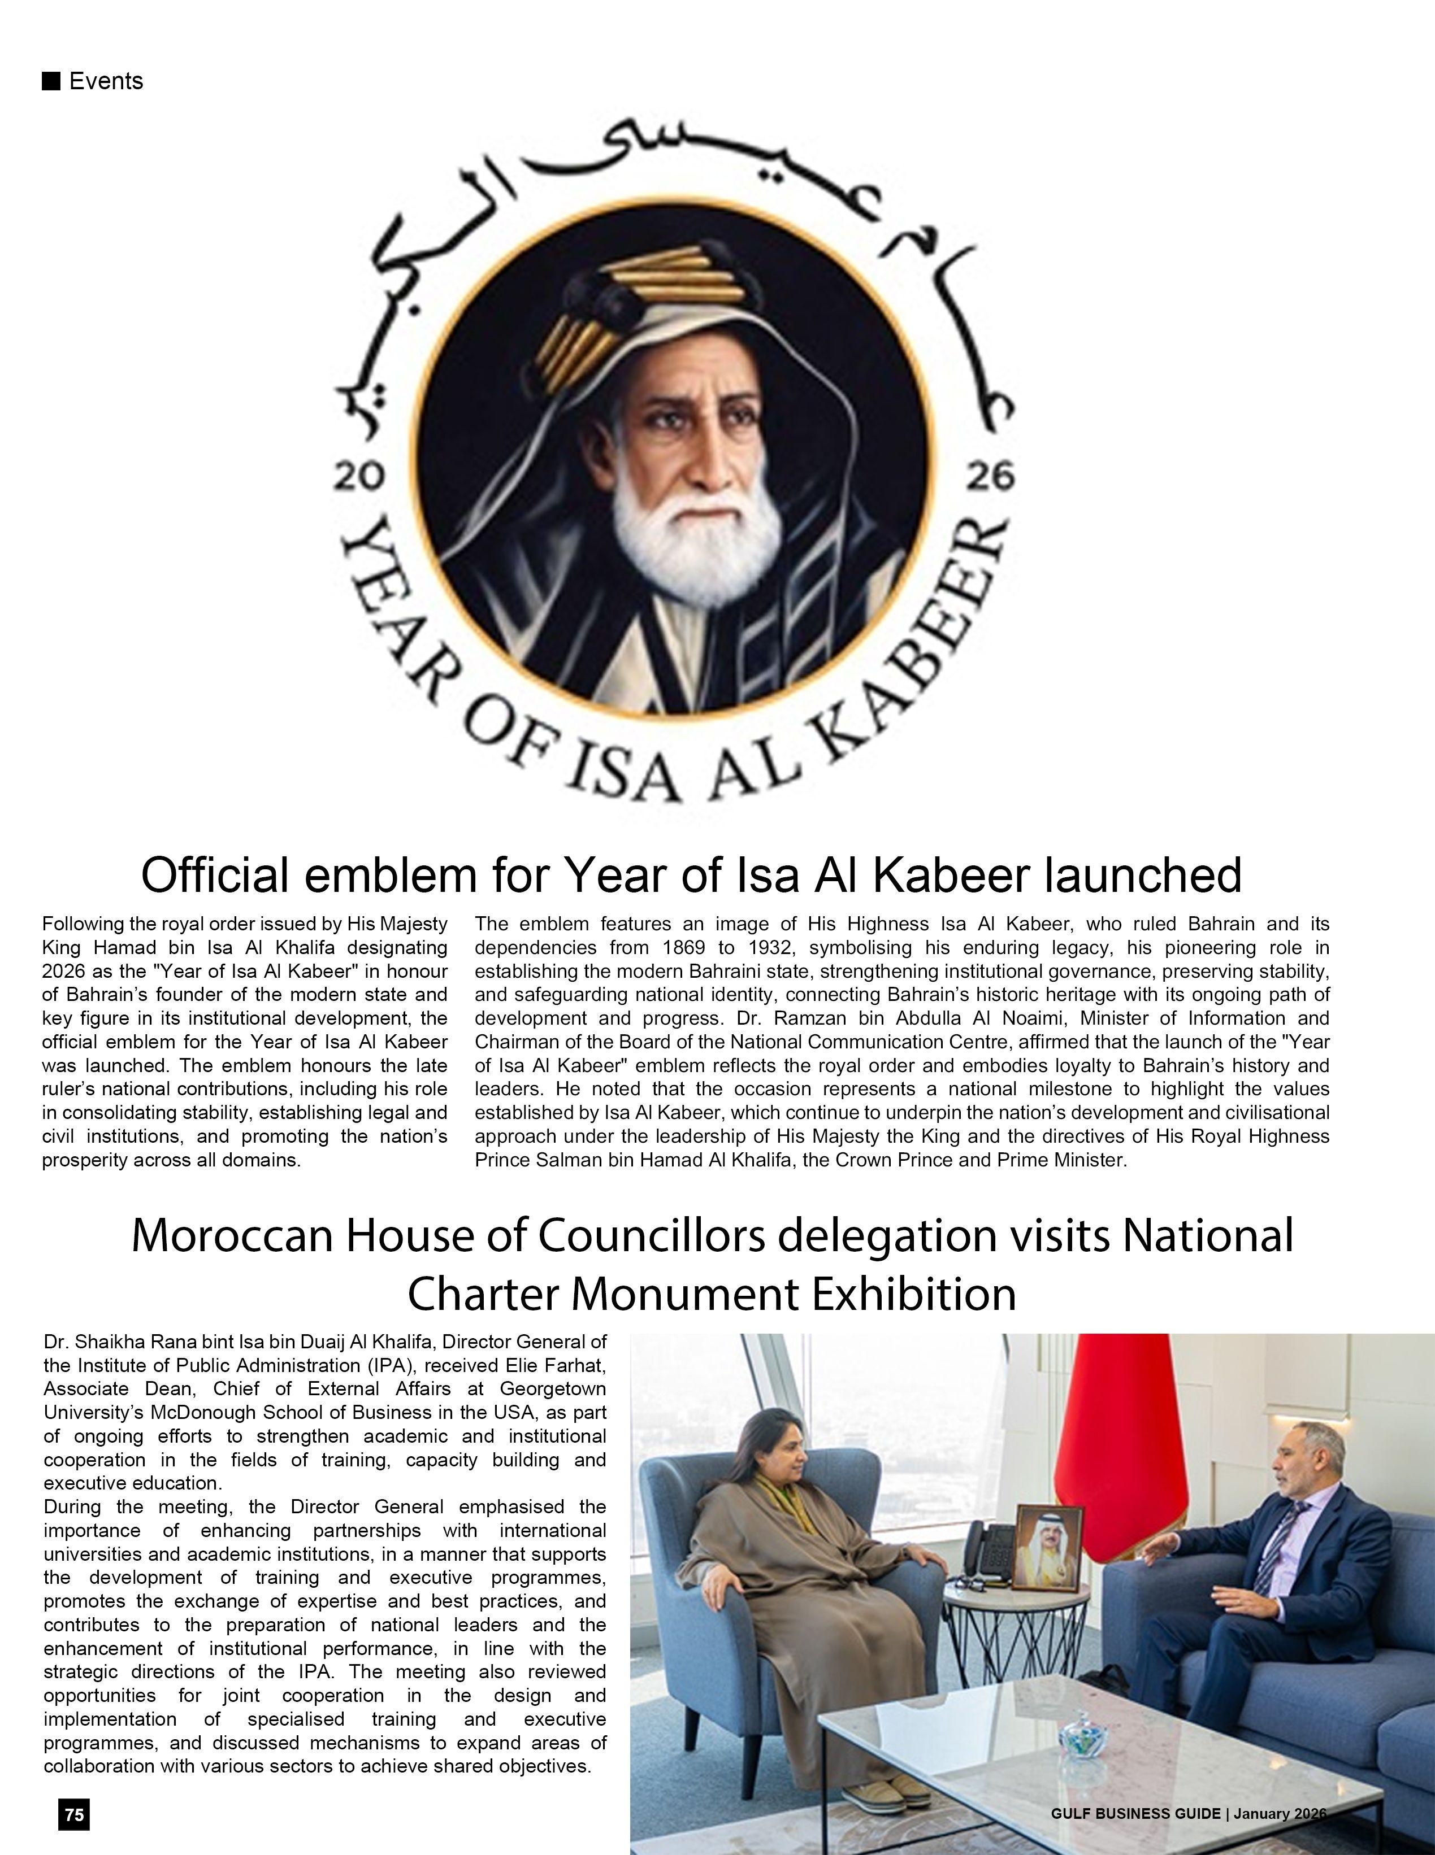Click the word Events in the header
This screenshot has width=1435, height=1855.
point(106,81)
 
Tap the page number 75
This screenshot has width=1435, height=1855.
point(74,1815)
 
